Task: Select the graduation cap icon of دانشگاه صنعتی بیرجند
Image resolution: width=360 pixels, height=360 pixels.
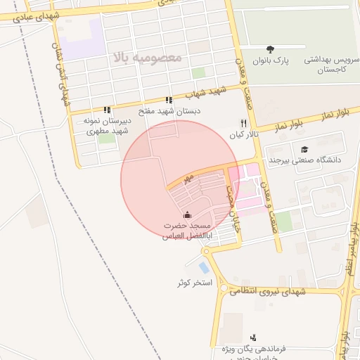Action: coord(304,149)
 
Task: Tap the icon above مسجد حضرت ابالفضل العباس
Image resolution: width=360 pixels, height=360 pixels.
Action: coord(186,215)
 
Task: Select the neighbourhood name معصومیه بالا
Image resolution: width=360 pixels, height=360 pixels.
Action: coord(147,56)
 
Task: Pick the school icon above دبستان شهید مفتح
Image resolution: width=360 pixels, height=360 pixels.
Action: coord(168,100)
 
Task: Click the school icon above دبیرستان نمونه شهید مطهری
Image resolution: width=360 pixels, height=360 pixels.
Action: coord(107,110)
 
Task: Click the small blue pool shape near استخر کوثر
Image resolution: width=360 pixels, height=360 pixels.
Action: coord(204,267)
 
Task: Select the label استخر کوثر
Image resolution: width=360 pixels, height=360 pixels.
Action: coord(195,282)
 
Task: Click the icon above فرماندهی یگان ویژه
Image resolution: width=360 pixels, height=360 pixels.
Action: coord(253,337)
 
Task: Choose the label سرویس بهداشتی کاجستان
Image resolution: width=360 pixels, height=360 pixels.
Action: coord(332,65)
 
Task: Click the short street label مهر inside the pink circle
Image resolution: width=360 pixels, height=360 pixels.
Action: coord(188,181)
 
